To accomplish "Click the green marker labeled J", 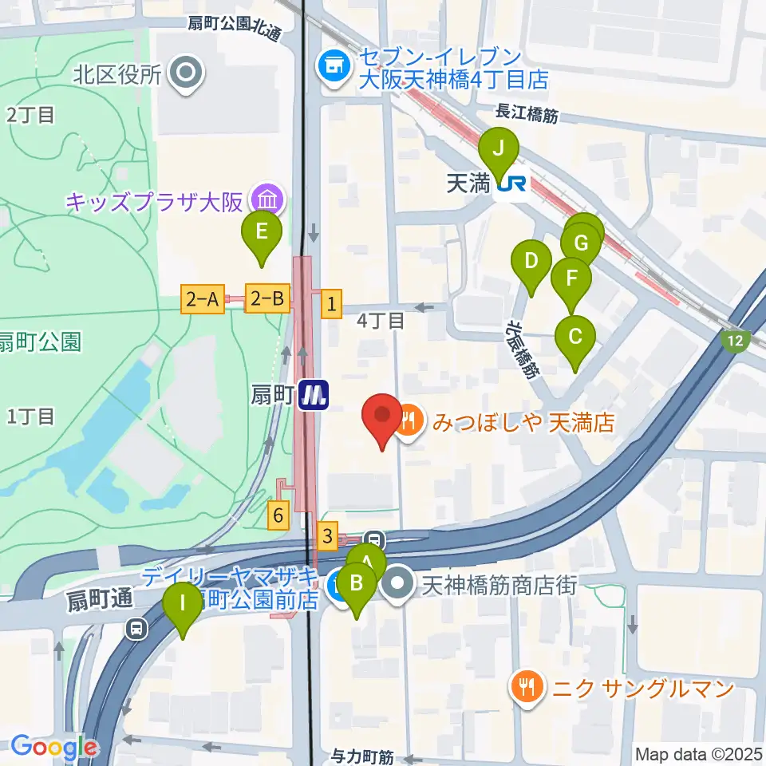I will [x=499, y=148].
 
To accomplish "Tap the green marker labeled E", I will [x=262, y=231].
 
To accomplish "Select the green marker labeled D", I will [x=531, y=262].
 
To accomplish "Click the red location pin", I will [x=382, y=417].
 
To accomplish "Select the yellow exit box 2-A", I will [x=203, y=300].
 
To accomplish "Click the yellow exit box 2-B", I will [x=267, y=300].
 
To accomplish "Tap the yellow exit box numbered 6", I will [x=278, y=516].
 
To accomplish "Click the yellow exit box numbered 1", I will [x=331, y=303].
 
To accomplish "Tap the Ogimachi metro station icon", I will [x=314, y=395].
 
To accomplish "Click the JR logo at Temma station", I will [x=511, y=185].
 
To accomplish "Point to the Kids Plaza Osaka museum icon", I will [x=265, y=199].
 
